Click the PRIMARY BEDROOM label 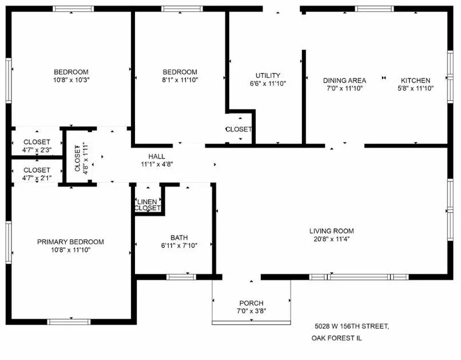(70, 242)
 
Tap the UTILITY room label (268, 76)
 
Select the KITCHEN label (415, 80)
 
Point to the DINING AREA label (344, 80)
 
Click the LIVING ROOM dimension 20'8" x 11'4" (332, 239)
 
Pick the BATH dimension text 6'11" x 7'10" (179, 246)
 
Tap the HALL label (156, 156)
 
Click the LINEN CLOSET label (148, 205)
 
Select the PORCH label (251, 303)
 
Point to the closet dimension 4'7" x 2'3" (37, 150)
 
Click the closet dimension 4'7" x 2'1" (37, 177)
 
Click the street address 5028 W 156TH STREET (352, 326)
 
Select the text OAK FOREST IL (337, 338)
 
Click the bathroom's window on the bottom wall (181, 277)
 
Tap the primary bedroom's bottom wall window (69, 322)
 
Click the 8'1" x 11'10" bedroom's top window (182, 9)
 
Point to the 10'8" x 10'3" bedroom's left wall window (9, 80)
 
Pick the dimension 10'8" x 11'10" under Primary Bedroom (70, 250)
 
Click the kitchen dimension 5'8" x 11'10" (415, 88)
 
